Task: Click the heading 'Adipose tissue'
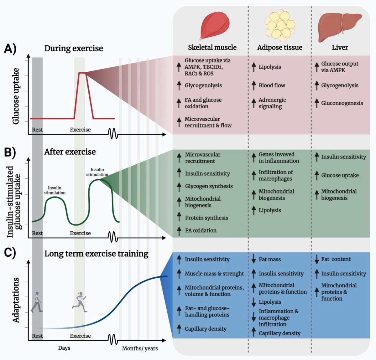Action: pyautogui.click(x=279, y=48)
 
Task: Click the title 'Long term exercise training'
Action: pyautogui.click(x=96, y=254)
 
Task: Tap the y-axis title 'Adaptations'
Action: pyautogui.click(x=16, y=300)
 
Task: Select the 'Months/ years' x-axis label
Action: pyautogui.click(x=140, y=348)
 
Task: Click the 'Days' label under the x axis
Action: pyautogui.click(x=64, y=348)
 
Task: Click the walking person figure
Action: pyautogui.click(x=37, y=302)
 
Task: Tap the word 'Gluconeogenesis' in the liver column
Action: pyautogui.click(x=342, y=103)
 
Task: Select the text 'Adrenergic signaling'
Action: pyautogui.click(x=272, y=103)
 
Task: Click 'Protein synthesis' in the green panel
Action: pyautogui.click(x=206, y=218)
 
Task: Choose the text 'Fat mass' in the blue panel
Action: pyautogui.click(x=269, y=260)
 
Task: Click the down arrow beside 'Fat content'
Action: pyautogui.click(x=317, y=259)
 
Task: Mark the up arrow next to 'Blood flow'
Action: pyautogui.click(x=254, y=85)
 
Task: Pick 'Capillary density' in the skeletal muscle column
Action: pyautogui.click(x=205, y=329)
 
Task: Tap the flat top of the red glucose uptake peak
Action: pyautogui.click(x=82, y=73)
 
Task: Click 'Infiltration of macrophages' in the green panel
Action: pyautogui.click(x=275, y=175)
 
